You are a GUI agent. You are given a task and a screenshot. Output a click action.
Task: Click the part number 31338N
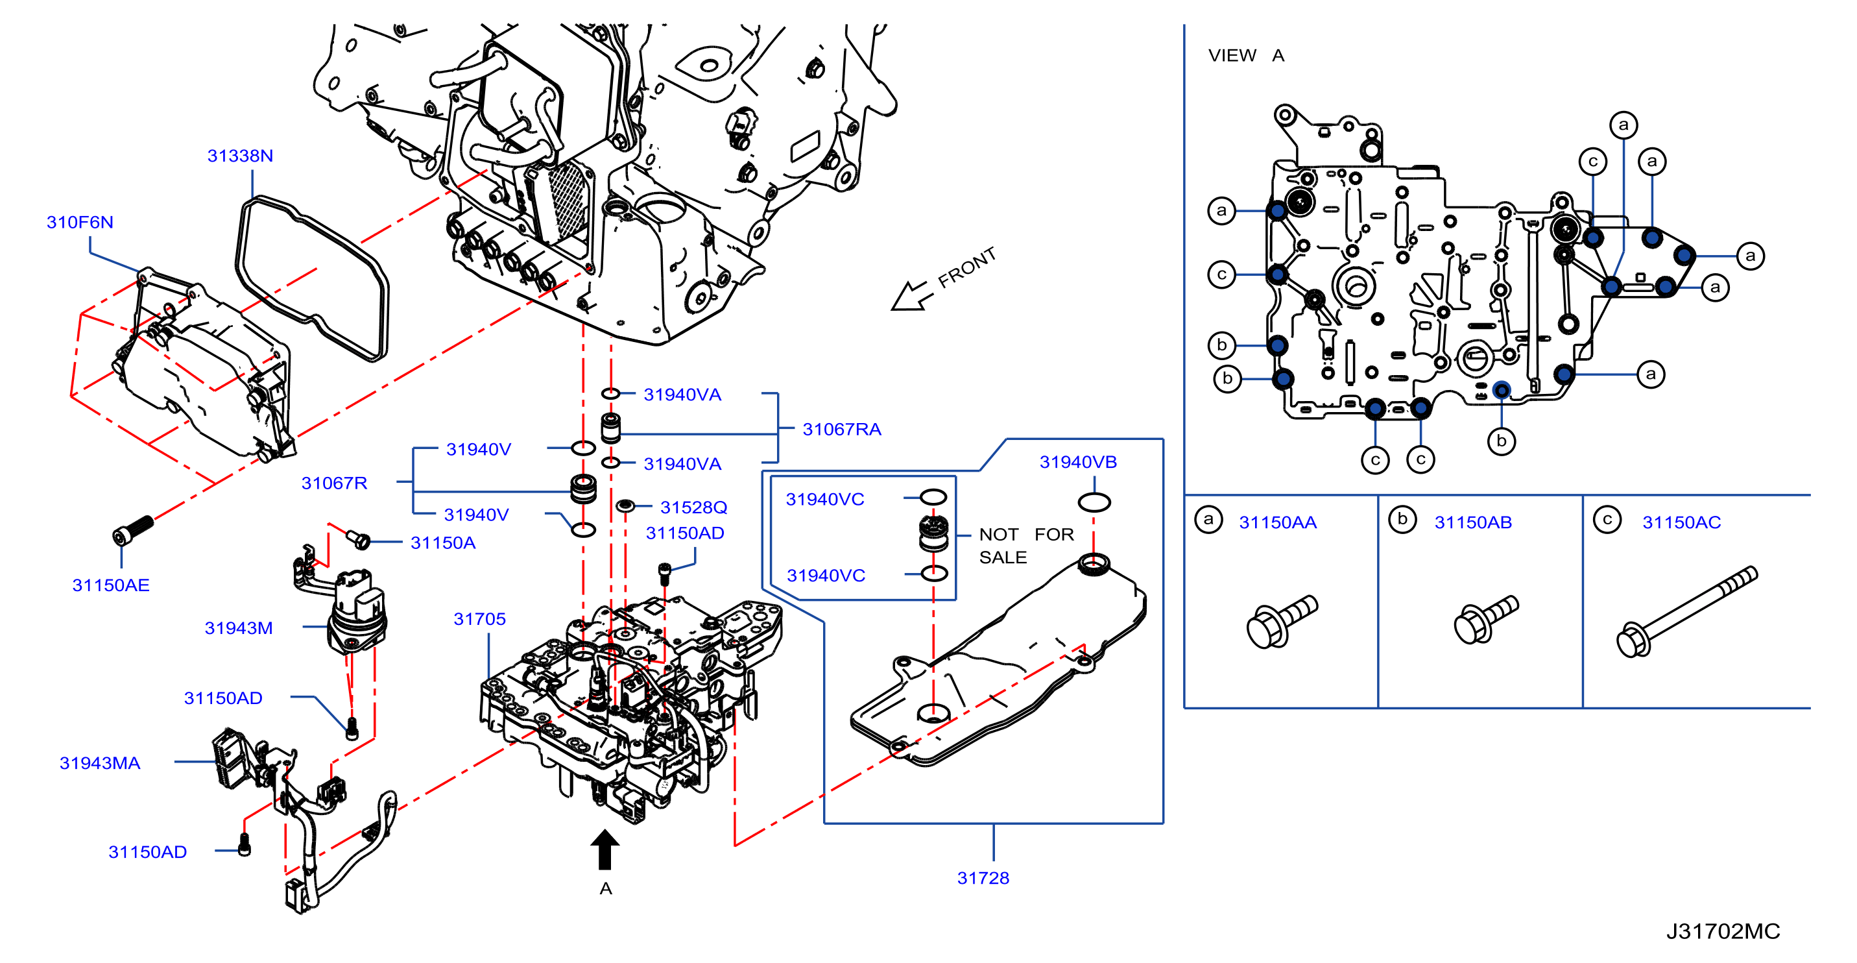(x=240, y=156)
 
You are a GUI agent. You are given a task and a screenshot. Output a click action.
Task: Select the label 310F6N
(x=80, y=222)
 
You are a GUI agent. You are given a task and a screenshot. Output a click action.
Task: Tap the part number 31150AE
(x=111, y=585)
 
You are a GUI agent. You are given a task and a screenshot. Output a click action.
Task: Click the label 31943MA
(x=99, y=763)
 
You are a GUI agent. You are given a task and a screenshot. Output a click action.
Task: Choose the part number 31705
(x=479, y=619)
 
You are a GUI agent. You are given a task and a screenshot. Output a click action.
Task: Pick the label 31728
(x=983, y=878)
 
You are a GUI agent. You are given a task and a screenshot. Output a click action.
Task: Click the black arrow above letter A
(x=605, y=849)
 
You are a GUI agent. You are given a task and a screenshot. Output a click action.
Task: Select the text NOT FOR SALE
(x=1026, y=546)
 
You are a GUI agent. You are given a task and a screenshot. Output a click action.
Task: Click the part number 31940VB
(x=1078, y=463)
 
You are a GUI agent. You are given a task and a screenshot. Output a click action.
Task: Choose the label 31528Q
(x=693, y=508)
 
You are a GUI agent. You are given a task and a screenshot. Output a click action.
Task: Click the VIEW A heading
(x=1246, y=56)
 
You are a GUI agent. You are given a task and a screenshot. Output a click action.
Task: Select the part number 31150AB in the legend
(x=1473, y=522)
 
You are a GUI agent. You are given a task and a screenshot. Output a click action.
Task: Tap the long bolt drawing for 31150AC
(x=1687, y=612)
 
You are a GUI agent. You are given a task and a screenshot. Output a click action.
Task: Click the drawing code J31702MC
(x=1723, y=931)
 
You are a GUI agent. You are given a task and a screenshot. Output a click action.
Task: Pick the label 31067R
(x=334, y=483)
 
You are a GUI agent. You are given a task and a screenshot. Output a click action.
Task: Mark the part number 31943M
(x=239, y=628)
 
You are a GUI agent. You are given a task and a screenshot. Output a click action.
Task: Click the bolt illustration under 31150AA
(x=1282, y=621)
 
